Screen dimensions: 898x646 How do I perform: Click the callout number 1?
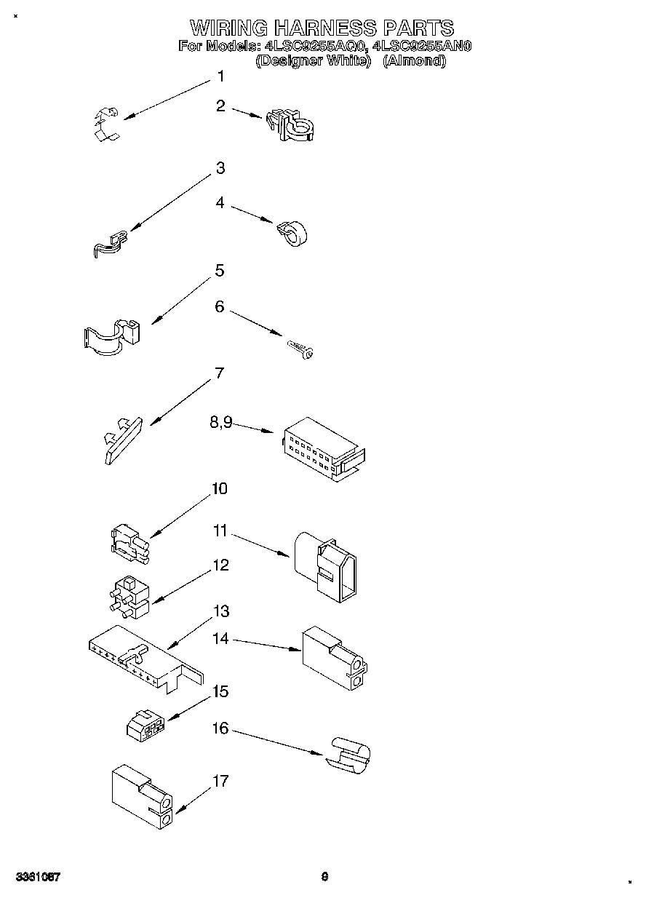220,76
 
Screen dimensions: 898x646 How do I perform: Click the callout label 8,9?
220,423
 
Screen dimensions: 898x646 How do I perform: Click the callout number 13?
220,611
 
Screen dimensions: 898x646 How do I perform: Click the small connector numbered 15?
145,725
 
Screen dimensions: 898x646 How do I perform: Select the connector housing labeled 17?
143,798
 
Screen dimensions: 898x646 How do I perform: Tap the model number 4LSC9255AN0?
422,47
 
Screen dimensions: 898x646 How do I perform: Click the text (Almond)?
414,61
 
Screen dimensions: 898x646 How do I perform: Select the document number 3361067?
36,877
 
